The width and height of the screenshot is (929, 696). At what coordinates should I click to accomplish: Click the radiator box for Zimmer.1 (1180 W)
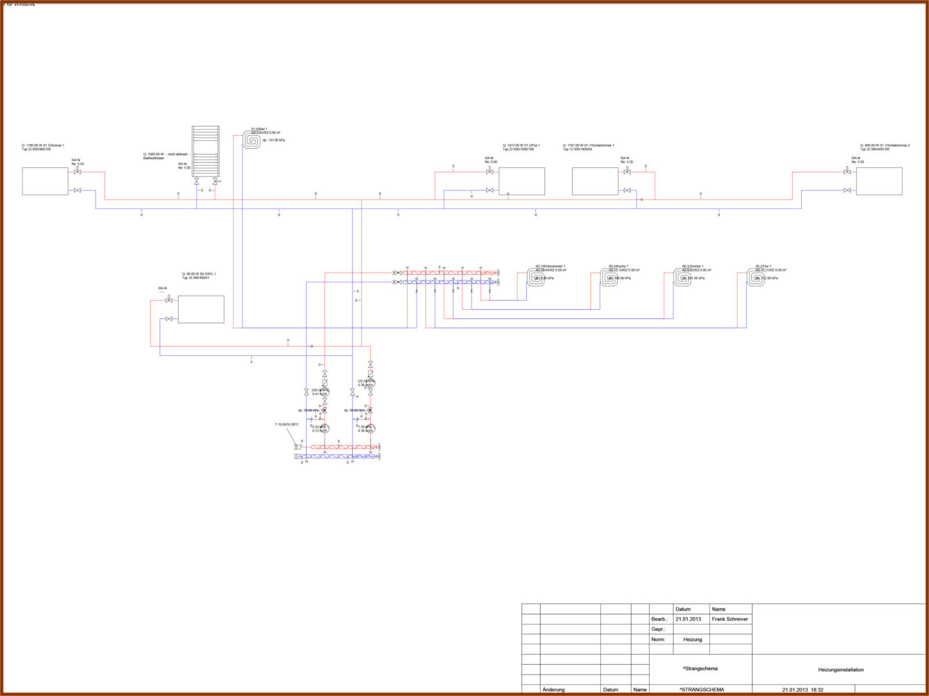(45, 181)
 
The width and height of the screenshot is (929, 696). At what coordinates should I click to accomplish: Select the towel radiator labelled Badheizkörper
(206, 151)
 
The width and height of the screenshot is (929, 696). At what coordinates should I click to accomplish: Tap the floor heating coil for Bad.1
(252, 141)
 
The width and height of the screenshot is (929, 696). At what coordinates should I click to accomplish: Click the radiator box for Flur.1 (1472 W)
(521, 181)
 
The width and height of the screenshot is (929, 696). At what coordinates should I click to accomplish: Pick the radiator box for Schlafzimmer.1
(595, 181)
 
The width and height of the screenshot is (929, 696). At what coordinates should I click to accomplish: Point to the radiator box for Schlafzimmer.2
(879, 181)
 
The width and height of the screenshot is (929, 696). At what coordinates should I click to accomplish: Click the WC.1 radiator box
(201, 309)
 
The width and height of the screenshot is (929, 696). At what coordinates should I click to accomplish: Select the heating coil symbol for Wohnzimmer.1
(535, 277)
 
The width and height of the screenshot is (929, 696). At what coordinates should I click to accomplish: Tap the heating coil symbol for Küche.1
(608, 277)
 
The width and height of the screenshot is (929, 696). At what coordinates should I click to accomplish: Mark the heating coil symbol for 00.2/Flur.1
(755, 277)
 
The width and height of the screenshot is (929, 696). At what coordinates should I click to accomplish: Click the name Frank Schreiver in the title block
(730, 619)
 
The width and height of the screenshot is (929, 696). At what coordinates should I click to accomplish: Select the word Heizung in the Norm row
(692, 640)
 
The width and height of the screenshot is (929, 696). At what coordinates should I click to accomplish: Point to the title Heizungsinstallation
(841, 670)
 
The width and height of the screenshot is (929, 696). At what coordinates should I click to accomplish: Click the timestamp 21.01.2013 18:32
(802, 690)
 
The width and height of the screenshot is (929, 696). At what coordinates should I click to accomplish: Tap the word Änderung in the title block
(553, 690)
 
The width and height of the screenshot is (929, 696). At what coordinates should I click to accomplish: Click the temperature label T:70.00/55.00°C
(287, 425)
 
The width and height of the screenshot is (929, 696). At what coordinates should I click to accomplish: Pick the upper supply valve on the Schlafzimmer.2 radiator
(847, 172)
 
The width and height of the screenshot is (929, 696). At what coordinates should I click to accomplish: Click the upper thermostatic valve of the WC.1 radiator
(169, 300)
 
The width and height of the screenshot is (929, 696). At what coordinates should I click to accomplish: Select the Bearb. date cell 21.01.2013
(688, 619)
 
